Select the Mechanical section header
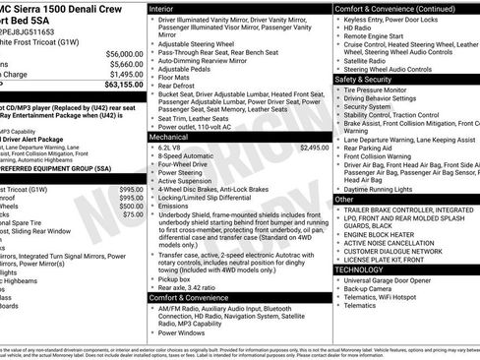click(x=172, y=136)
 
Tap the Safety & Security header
click(x=363, y=79)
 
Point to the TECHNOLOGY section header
click(x=359, y=269)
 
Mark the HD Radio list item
click(x=359, y=28)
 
